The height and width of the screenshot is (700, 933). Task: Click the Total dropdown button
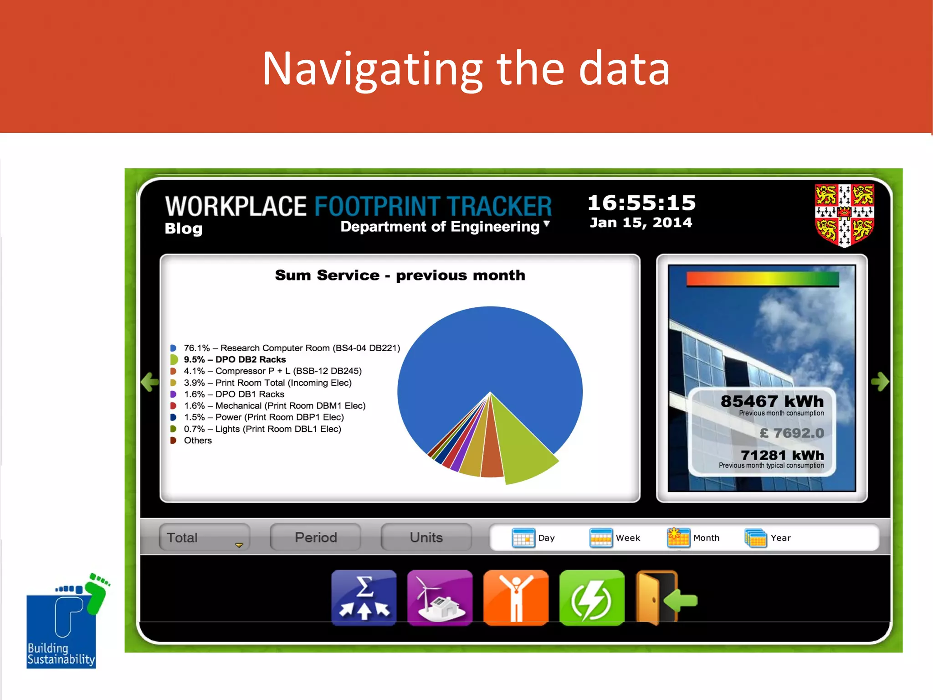(x=204, y=538)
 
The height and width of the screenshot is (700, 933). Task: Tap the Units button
(x=426, y=538)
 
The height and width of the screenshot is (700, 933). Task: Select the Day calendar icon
(x=523, y=538)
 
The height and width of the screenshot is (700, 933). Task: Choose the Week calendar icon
(x=600, y=538)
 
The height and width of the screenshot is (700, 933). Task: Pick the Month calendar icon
(x=678, y=538)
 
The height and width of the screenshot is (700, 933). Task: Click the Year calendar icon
(x=755, y=538)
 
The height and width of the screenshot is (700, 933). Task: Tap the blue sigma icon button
(x=364, y=598)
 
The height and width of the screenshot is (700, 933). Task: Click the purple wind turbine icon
(x=440, y=598)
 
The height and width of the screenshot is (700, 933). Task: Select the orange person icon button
(x=516, y=598)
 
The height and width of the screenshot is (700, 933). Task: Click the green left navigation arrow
(x=149, y=382)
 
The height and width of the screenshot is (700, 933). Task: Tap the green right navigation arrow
(x=880, y=382)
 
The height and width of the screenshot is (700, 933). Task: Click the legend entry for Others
(x=197, y=441)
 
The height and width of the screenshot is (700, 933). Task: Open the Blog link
(x=184, y=228)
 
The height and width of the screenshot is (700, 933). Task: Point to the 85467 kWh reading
(x=772, y=401)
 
